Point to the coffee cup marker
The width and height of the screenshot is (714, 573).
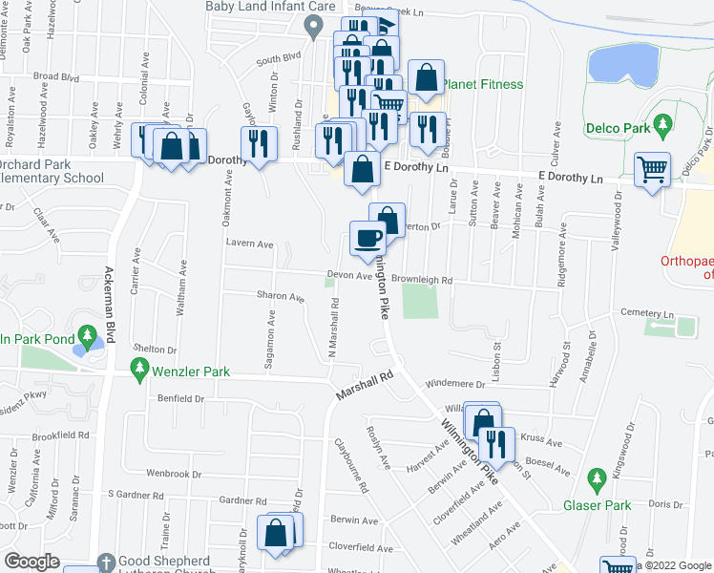point(367,240)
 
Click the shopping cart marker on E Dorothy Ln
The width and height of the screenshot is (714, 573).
point(653,170)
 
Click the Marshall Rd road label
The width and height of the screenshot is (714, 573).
point(365,387)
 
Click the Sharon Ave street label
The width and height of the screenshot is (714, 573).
point(280,296)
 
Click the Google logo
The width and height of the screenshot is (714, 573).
point(31,562)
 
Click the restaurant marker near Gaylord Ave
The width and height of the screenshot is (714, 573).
point(259,144)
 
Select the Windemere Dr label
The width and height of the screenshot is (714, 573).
point(454,384)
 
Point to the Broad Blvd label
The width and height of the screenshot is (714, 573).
point(55,75)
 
